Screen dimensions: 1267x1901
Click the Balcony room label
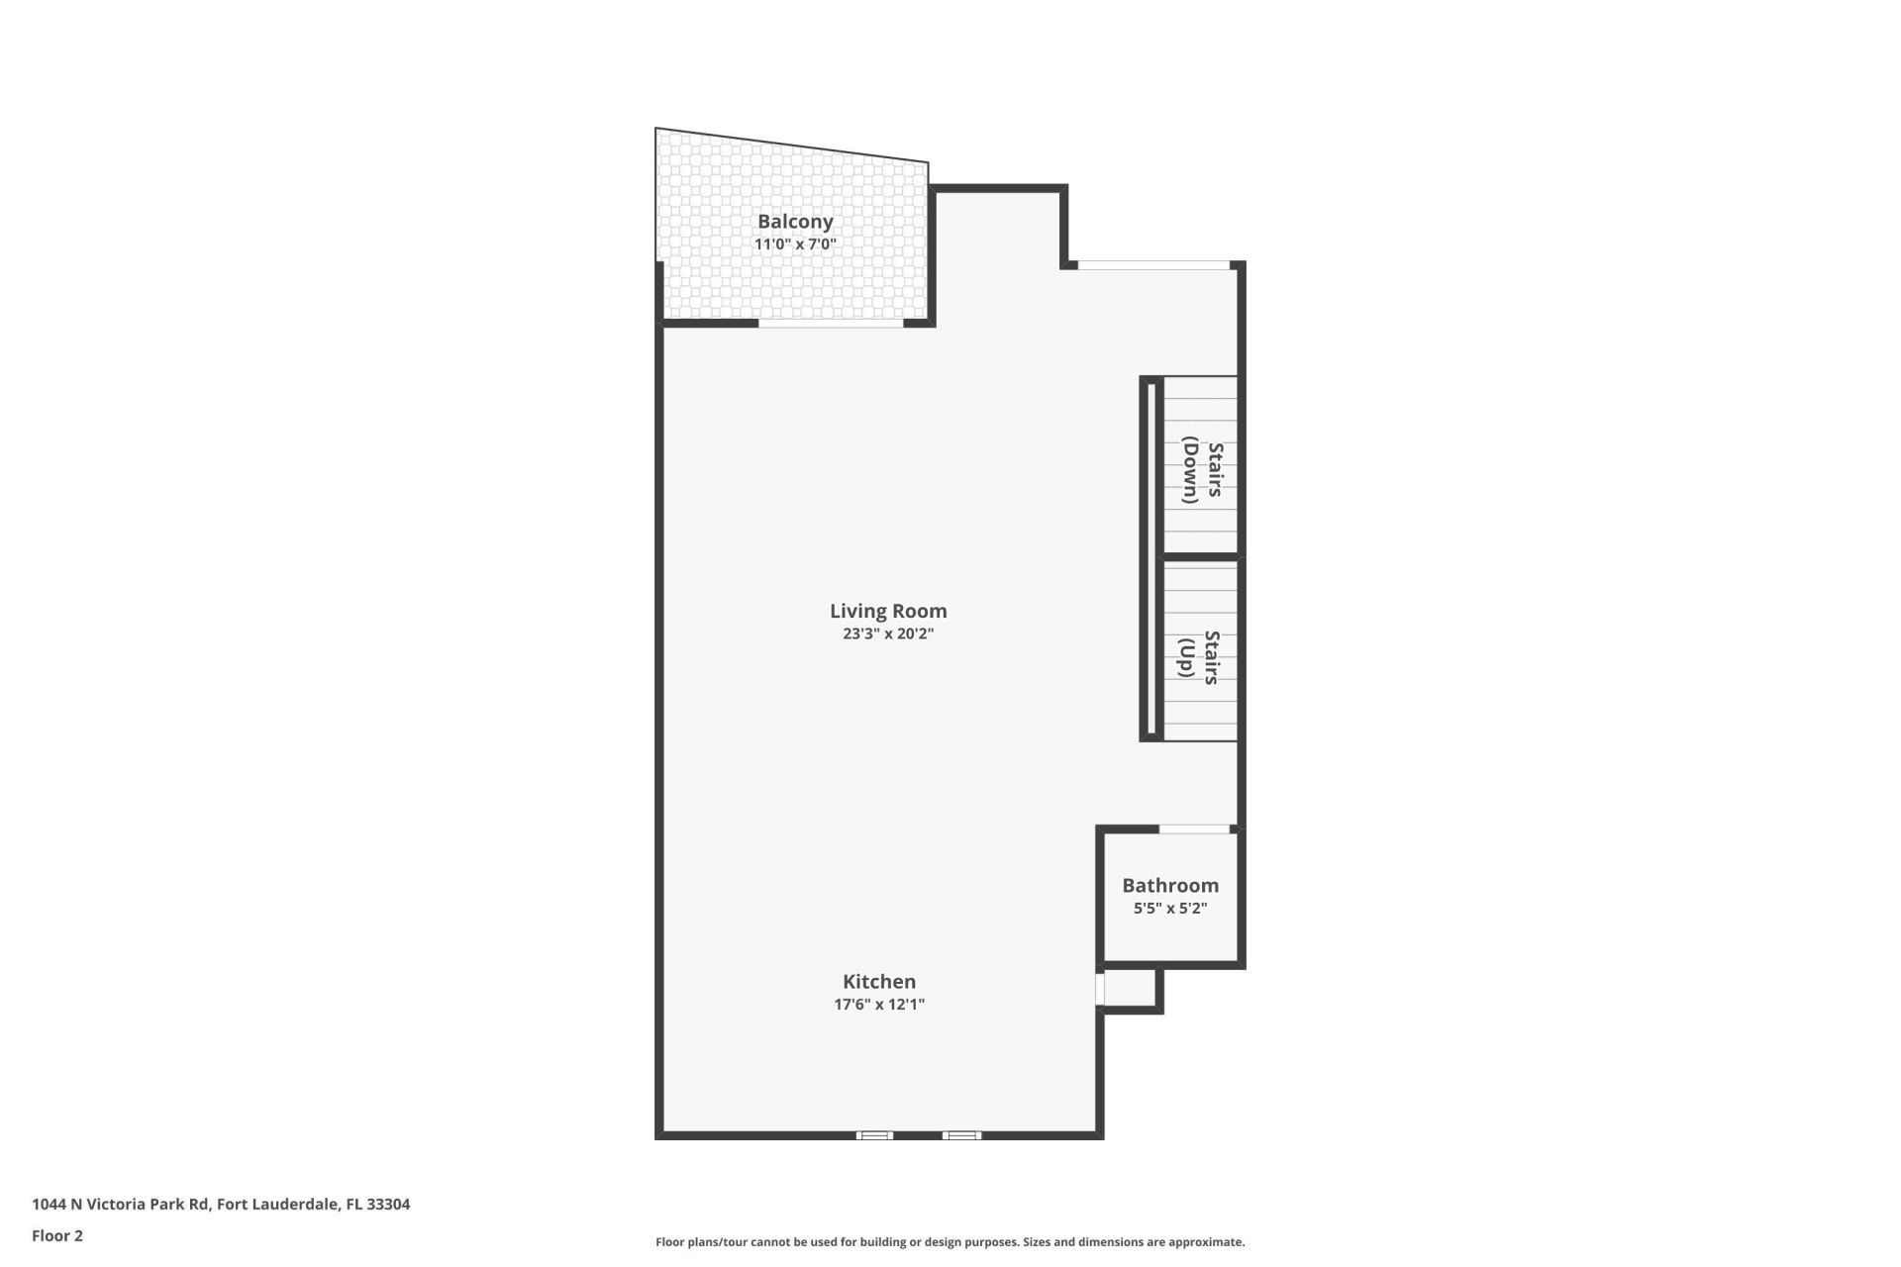(795, 222)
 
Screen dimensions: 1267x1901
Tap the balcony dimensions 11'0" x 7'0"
(795, 244)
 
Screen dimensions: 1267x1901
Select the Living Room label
(888, 611)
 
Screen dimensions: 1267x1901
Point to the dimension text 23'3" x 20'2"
(888, 633)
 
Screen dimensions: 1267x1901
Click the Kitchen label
(879, 981)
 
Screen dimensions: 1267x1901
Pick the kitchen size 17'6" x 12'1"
(879, 1005)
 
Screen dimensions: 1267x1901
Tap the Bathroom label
(1170, 885)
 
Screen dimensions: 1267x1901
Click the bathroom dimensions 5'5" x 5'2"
(1170, 908)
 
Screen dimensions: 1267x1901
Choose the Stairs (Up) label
(1199, 657)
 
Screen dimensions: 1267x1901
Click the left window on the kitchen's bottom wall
(874, 1135)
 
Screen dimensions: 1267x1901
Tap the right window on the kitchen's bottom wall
(961, 1135)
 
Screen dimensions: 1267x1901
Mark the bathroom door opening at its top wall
(1194, 828)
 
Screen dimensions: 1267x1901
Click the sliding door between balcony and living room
(831, 323)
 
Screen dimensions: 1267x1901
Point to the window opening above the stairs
(1153, 265)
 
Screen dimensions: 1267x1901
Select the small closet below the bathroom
(1130, 988)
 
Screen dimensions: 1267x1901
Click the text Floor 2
(57, 1235)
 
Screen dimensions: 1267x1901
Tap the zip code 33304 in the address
(388, 1205)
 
